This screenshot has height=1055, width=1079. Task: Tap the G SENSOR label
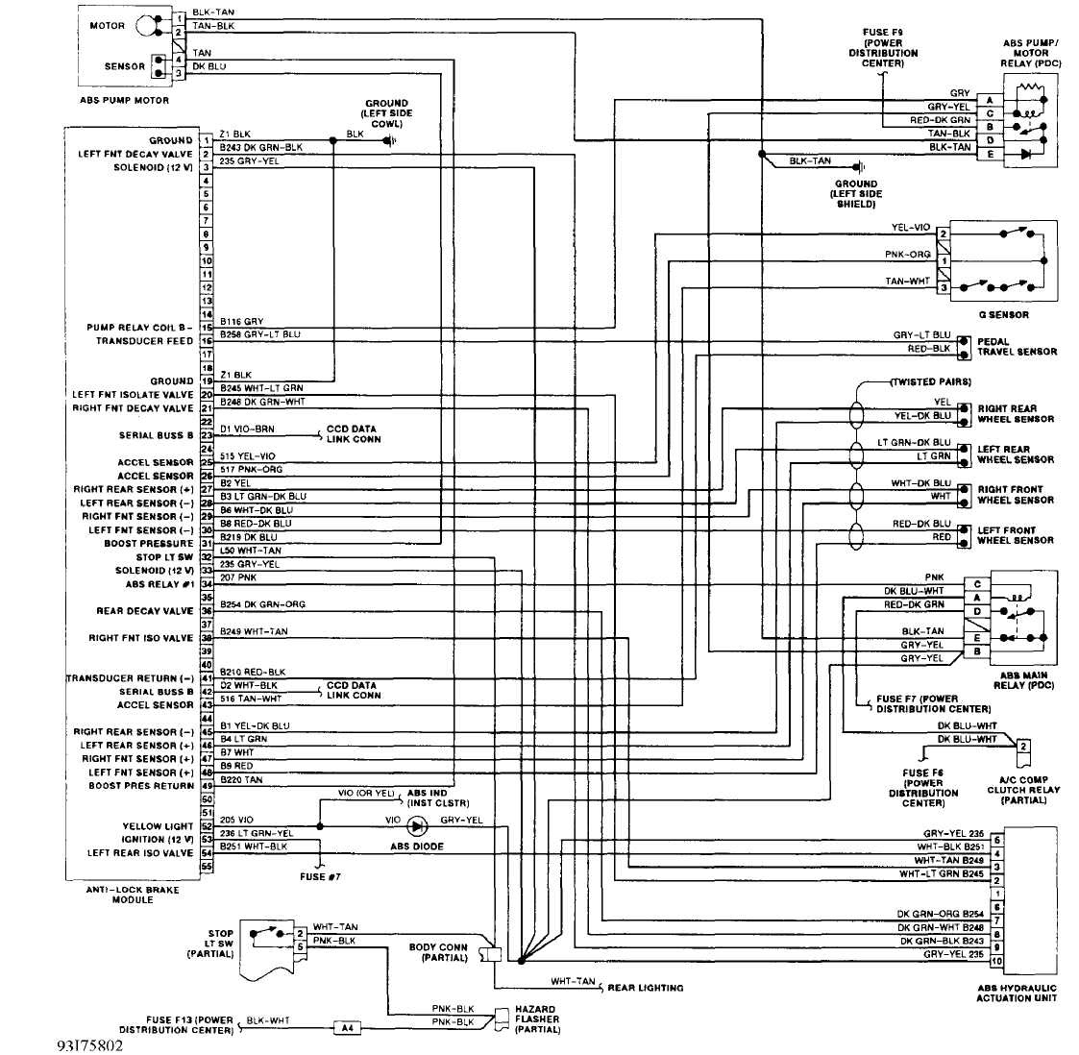pyautogui.click(x=1004, y=314)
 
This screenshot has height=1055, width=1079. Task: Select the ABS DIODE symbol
pyautogui.click(x=417, y=825)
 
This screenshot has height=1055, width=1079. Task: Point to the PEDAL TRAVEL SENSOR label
pyautogui.click(x=1017, y=347)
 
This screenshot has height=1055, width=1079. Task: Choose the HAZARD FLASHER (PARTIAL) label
pyautogui.click(x=537, y=1019)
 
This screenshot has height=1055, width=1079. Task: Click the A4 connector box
pyautogui.click(x=348, y=1028)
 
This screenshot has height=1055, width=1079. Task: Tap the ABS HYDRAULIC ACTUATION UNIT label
pyautogui.click(x=1017, y=993)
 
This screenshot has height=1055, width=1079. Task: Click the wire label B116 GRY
pyautogui.click(x=241, y=322)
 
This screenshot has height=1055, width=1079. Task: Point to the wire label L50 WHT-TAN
pyautogui.click(x=250, y=551)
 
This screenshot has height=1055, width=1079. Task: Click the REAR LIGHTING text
pyautogui.click(x=646, y=988)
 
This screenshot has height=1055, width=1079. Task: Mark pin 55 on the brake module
pyautogui.click(x=206, y=867)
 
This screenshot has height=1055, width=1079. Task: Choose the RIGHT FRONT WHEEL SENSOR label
pyautogui.click(x=1016, y=495)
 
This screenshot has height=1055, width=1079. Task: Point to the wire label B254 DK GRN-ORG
pyautogui.click(x=255, y=604)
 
